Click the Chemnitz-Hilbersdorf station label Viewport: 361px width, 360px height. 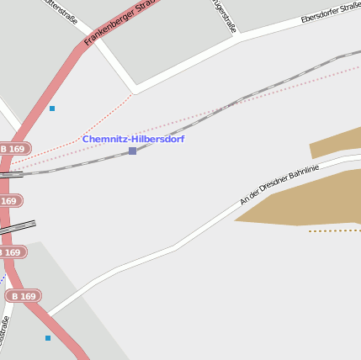pos(133,139)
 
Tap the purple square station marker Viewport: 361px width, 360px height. pos(132,151)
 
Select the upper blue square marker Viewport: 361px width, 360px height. pos(52,109)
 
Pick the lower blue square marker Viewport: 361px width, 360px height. pos(48,338)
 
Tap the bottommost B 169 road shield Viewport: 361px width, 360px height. pos(23,296)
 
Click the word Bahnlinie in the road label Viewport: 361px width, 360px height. pos(302,174)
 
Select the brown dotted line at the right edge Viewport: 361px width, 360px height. pos(334,230)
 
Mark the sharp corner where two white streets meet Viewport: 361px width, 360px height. pos(135,89)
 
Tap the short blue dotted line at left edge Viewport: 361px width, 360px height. pos(3,278)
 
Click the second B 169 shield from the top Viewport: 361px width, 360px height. pos(8,201)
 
